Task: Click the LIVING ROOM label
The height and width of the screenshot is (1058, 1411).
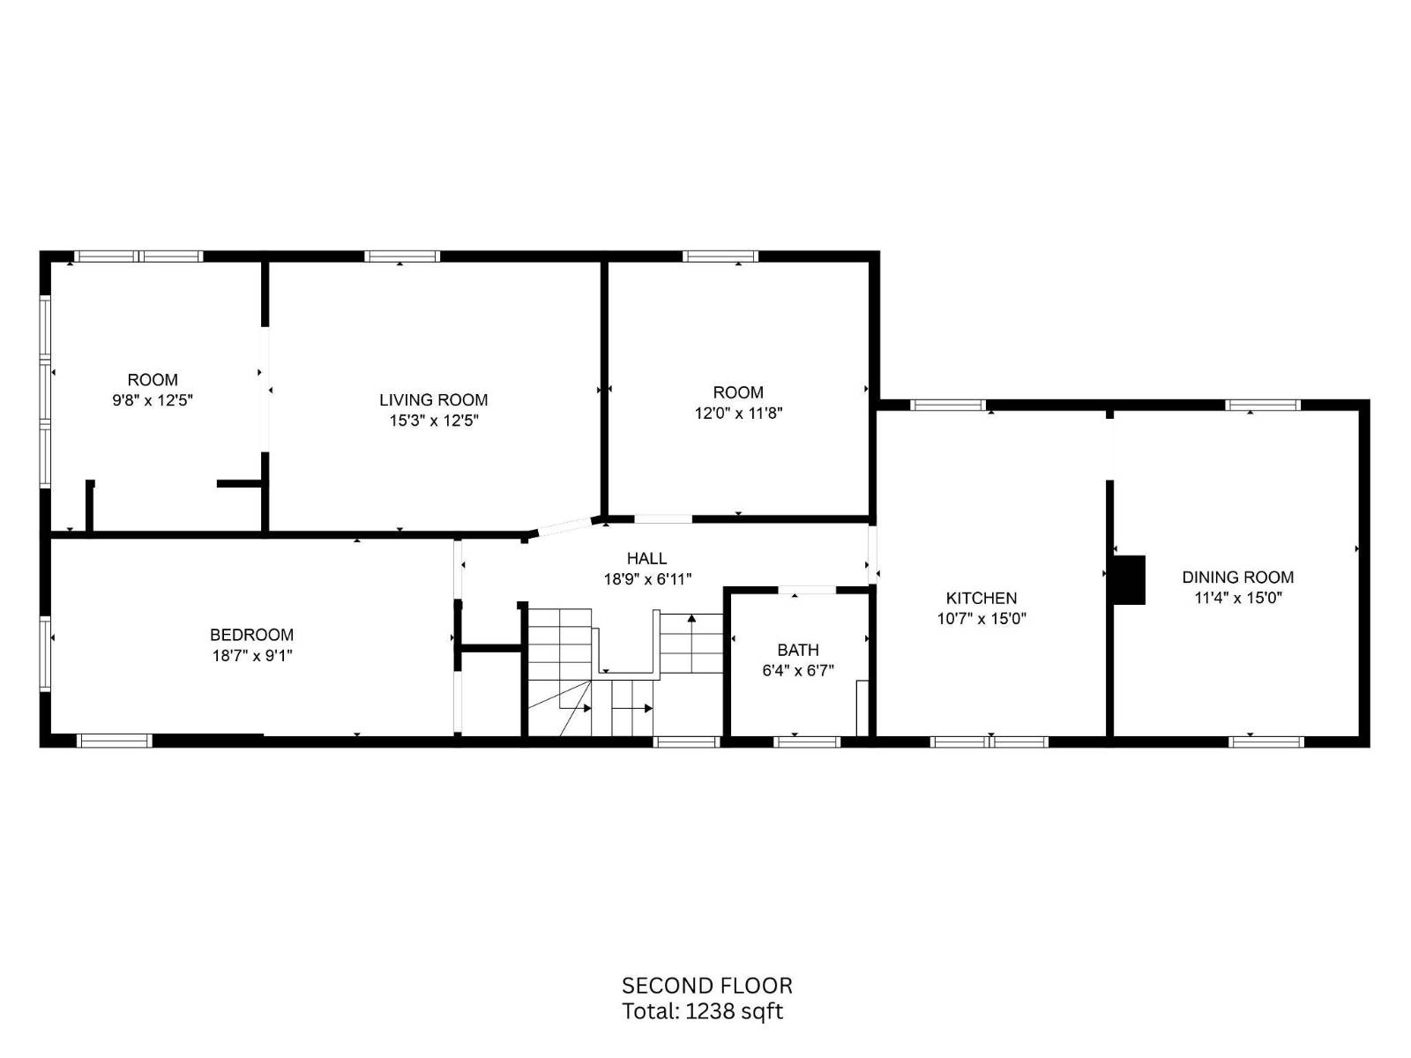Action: tap(433, 399)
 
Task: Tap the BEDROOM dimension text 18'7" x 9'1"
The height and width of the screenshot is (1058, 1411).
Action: tap(252, 655)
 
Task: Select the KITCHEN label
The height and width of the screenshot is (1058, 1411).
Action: tap(981, 598)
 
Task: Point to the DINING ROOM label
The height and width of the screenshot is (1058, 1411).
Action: tap(1237, 577)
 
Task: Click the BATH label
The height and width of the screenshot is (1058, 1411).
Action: tap(798, 650)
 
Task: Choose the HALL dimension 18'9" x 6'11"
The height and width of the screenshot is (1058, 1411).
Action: tap(647, 579)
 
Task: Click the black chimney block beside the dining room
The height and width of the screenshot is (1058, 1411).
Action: tap(1130, 580)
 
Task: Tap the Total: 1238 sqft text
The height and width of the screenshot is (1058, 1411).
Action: tap(702, 1011)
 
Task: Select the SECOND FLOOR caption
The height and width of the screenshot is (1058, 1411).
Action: tap(706, 986)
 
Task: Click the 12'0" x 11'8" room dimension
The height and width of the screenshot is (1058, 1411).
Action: tap(738, 413)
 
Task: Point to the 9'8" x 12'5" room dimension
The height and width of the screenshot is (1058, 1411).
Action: tap(153, 400)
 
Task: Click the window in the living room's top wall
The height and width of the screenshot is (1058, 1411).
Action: tap(402, 257)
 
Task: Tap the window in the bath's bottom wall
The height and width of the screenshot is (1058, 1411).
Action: tap(807, 742)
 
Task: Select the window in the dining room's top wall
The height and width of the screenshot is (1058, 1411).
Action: tap(1263, 405)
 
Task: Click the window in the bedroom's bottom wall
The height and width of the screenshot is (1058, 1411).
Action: tap(115, 741)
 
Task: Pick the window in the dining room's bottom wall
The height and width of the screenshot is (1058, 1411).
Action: tap(1266, 742)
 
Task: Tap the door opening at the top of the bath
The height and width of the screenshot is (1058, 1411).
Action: tap(808, 590)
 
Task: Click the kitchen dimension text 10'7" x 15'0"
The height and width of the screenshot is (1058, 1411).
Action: tap(981, 619)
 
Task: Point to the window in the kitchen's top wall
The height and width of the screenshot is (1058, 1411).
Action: tap(948, 405)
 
